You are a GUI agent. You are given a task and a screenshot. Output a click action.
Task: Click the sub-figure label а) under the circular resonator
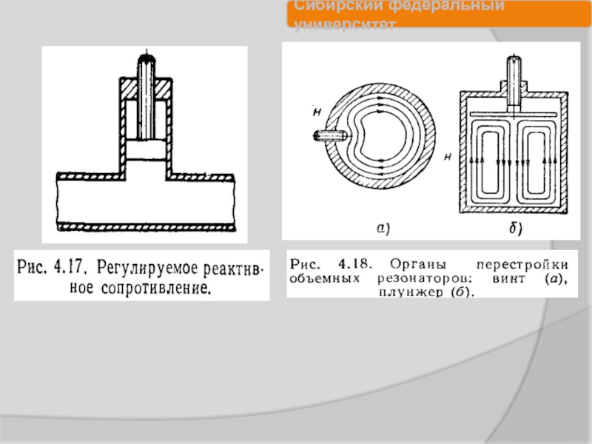point(382,230)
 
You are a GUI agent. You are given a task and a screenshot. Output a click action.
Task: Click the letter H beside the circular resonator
point(316,112)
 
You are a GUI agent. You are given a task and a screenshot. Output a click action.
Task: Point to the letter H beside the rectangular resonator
point(448,157)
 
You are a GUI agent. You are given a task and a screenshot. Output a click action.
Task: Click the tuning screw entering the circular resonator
point(332,136)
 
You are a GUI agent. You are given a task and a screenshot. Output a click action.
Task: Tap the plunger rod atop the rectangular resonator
point(513,78)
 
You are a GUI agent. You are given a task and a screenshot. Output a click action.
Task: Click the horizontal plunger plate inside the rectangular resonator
point(513,112)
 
